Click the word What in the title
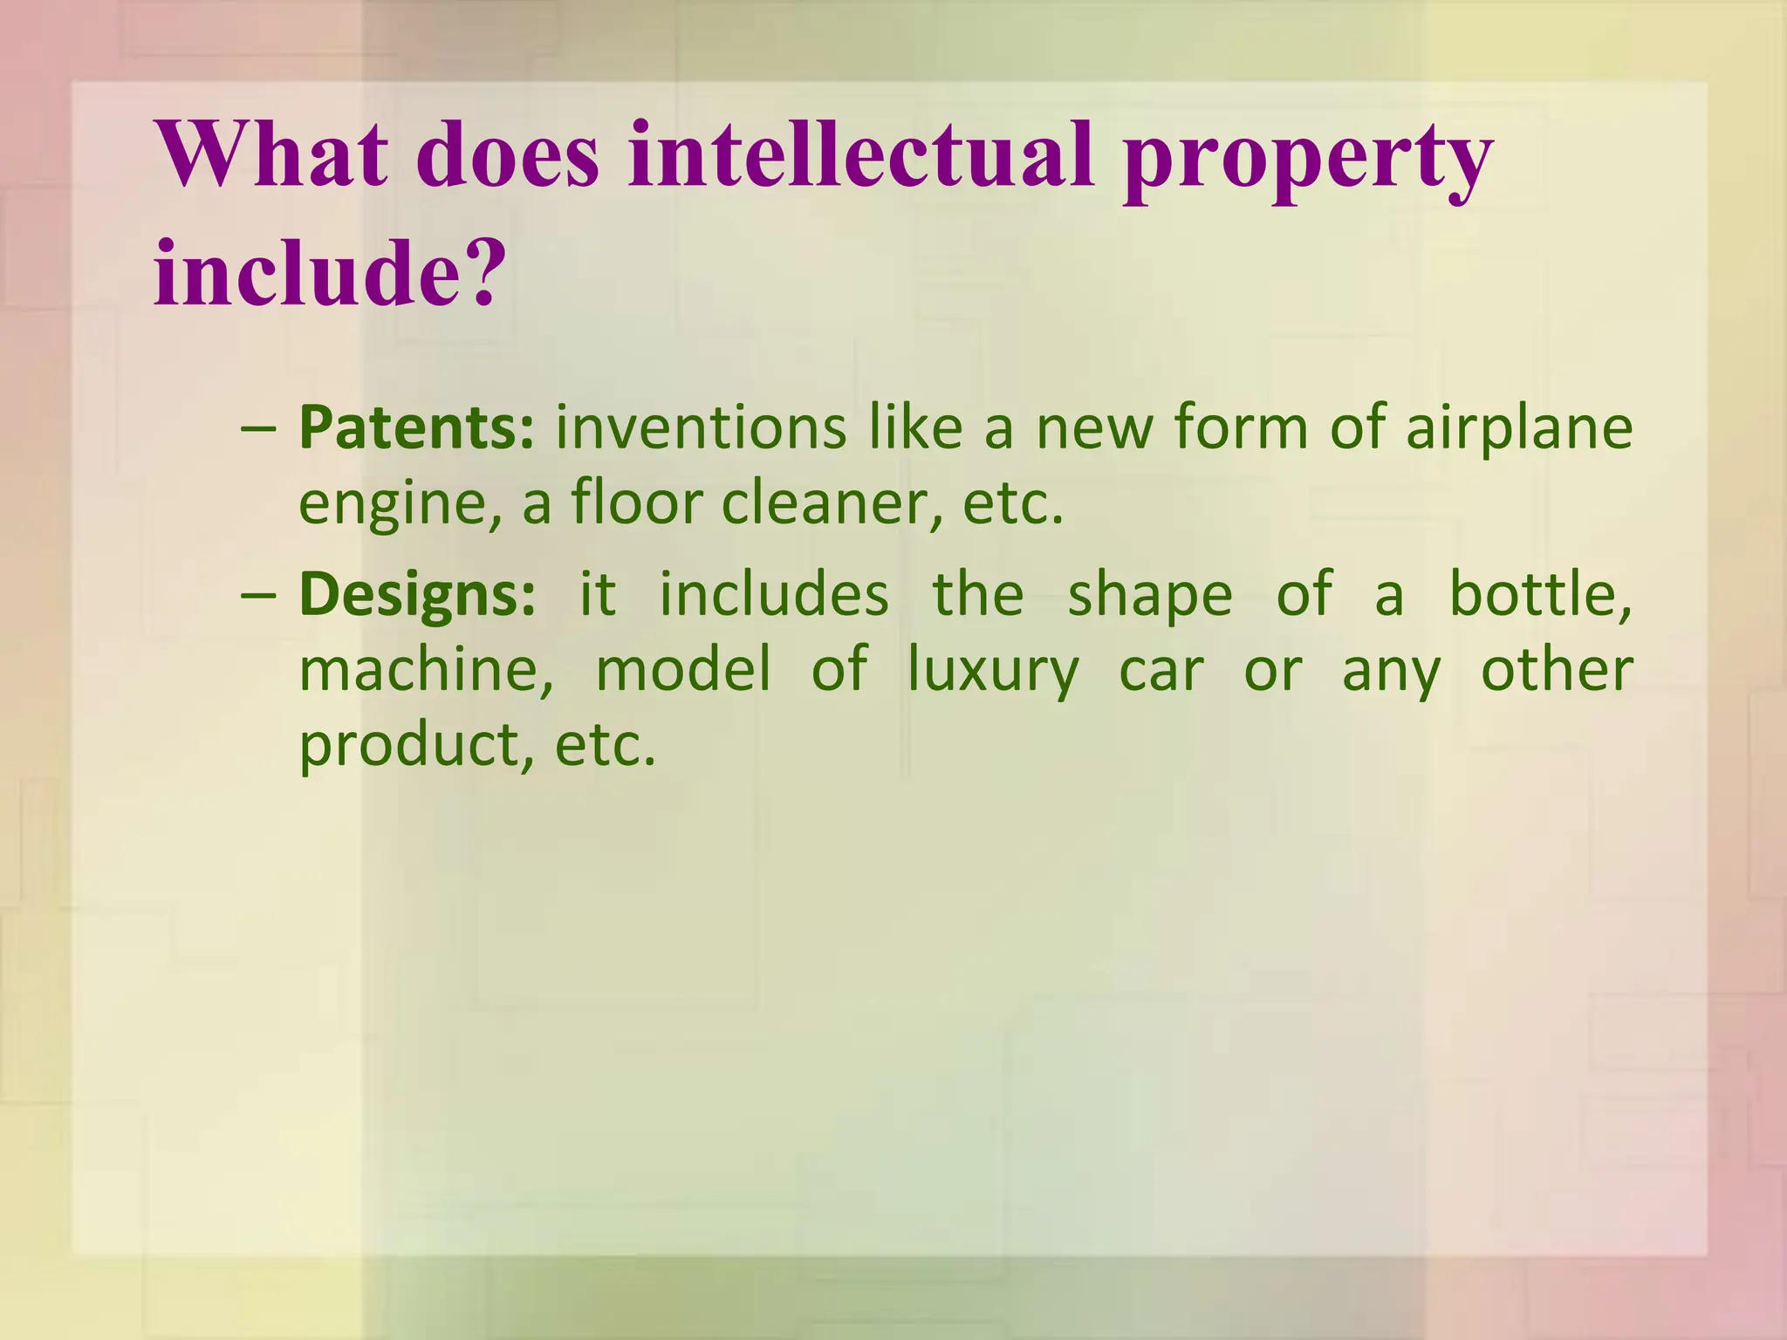(x=271, y=155)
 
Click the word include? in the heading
(x=330, y=273)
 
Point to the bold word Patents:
(x=416, y=427)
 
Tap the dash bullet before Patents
(x=259, y=429)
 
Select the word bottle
(x=1539, y=595)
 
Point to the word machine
(x=426, y=670)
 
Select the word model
(x=683, y=670)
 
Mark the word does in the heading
(x=508, y=155)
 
